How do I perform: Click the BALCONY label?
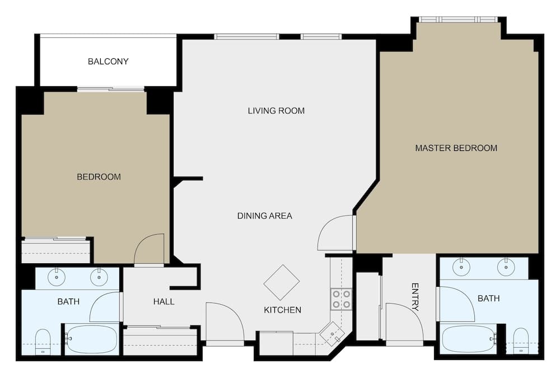pos(108,61)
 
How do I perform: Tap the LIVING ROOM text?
pos(276,111)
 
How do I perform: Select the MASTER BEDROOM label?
pos(456,148)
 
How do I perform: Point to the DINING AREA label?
pos(264,216)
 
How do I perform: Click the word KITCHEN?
pos(283,310)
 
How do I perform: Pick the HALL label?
pos(164,302)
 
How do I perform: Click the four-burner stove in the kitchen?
pos(341,299)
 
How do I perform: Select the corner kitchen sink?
pos(332,334)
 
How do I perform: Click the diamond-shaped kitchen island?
pos(282,282)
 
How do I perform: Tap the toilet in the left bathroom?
pos(43,342)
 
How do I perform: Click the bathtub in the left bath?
pos(92,339)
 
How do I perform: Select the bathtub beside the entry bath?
pos(469,339)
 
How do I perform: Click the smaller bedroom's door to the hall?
pos(150,250)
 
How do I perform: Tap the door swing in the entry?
pos(402,323)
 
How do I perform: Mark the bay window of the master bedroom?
pos(458,20)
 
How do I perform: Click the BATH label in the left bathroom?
pos(68,302)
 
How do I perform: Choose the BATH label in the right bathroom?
pos(488,299)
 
